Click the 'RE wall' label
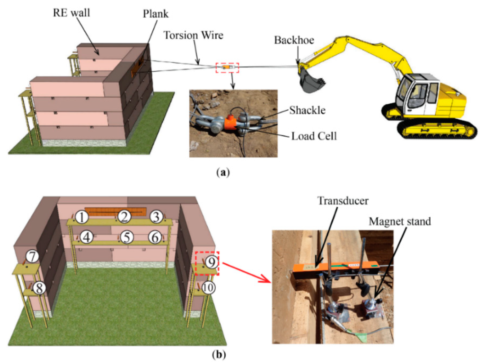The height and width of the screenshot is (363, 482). [x=71, y=13]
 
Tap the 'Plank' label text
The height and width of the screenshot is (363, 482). [x=155, y=14]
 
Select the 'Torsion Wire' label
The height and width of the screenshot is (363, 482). [x=193, y=35]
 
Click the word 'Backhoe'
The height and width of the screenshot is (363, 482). [x=294, y=40]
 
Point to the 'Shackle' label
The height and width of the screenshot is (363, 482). [x=307, y=110]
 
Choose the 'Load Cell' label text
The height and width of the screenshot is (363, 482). [x=314, y=136]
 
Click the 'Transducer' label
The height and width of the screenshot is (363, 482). [x=343, y=201]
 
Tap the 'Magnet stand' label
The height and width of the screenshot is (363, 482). [x=400, y=221]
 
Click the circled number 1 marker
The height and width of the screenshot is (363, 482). [x=82, y=217]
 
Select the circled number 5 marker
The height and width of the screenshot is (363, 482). [x=127, y=237]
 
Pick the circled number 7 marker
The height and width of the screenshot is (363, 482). [x=32, y=256]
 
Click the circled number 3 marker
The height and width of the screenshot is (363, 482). [x=156, y=217]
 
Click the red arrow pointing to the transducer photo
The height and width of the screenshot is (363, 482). [x=247, y=272]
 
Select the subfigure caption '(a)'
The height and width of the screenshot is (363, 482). [x=223, y=172]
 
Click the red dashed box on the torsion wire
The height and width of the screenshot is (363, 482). [x=227, y=67]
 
